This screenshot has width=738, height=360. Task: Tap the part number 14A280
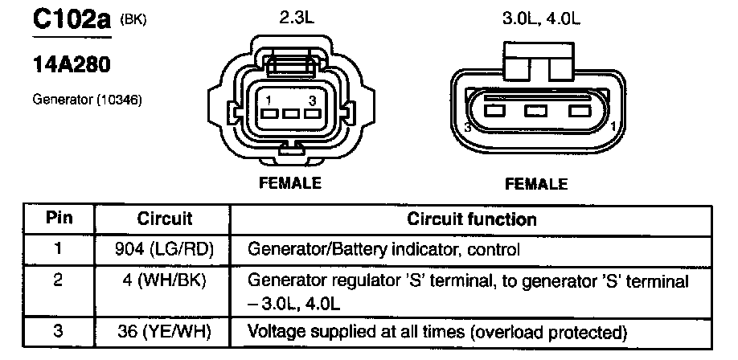[x=72, y=66]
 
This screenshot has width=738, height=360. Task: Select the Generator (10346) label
[x=87, y=100]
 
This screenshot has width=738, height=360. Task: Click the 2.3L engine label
[x=297, y=20]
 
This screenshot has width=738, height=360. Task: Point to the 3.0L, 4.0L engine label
[x=541, y=20]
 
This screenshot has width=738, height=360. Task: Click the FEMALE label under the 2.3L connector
[x=290, y=182]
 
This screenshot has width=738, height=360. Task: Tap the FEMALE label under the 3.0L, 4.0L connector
[x=536, y=183]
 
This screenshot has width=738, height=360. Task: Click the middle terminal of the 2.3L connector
[x=291, y=113]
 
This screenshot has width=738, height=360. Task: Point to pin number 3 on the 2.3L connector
[x=311, y=100]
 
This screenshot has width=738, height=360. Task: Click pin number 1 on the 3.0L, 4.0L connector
[x=613, y=127]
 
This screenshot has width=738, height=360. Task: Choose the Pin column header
[x=59, y=219]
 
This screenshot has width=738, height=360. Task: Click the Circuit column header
[x=164, y=219]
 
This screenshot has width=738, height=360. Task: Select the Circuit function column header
[x=471, y=219]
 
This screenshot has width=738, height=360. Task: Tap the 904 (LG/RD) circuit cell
[x=164, y=249]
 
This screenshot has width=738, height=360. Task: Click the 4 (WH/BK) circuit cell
[x=164, y=281]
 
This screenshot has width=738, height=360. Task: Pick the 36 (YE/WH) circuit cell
[x=164, y=332]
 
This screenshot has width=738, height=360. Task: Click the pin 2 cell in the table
[x=58, y=281]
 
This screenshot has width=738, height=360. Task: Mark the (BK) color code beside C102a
[x=133, y=20]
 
